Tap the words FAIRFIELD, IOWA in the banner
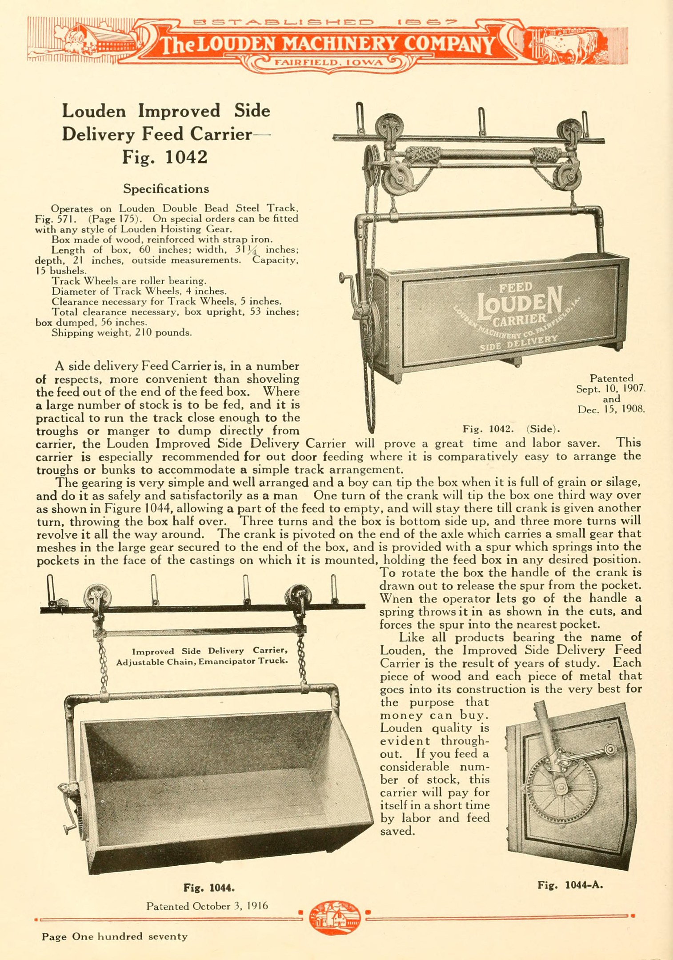click(329, 63)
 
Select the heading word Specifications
click(166, 189)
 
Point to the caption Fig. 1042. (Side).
click(511, 429)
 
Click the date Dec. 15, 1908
click(611, 409)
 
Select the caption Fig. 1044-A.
click(570, 885)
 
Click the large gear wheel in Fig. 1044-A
click(561, 789)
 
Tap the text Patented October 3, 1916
click(207, 906)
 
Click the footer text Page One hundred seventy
click(114, 936)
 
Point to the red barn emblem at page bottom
click(334, 917)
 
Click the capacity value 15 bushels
click(61, 271)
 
